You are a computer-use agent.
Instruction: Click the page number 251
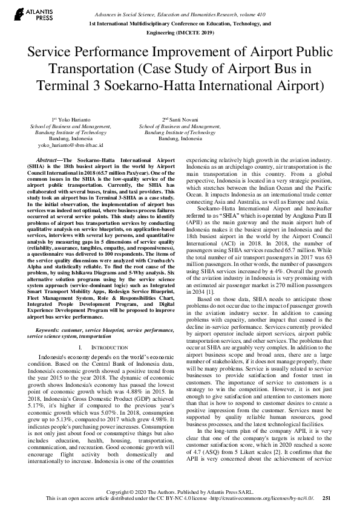(x=327, y=498)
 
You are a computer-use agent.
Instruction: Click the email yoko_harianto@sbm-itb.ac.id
(x=71, y=145)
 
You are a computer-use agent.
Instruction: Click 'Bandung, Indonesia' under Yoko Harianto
(x=71, y=138)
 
